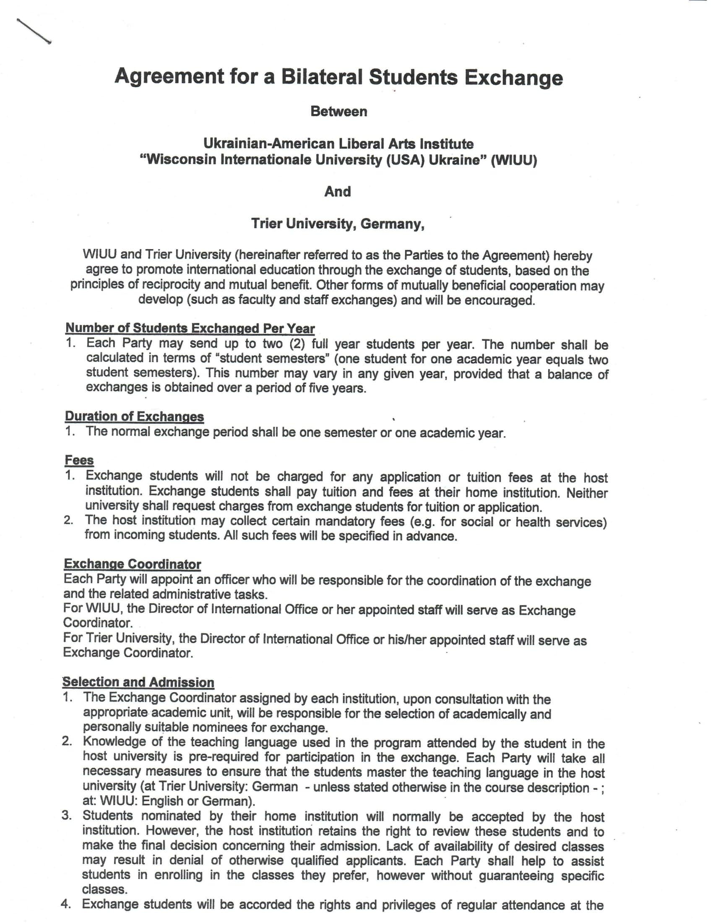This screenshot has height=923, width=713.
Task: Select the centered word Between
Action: [339, 112]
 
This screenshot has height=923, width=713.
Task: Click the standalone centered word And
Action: [338, 191]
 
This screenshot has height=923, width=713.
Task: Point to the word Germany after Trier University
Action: [393, 224]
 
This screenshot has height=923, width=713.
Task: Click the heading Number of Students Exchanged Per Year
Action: [190, 329]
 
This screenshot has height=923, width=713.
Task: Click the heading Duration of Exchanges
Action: [134, 416]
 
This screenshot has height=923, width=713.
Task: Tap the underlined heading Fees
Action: [79, 460]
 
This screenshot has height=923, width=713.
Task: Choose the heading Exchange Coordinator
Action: [132, 564]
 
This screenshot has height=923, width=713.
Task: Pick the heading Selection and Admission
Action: [138, 682]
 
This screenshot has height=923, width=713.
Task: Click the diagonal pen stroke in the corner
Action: [34, 31]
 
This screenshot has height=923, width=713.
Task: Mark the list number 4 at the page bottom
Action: [66, 904]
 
